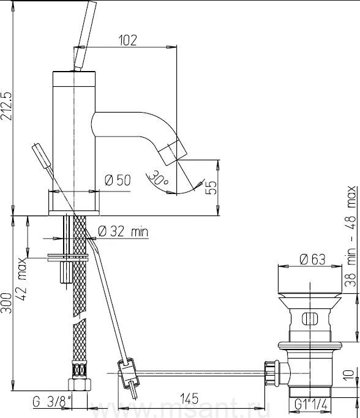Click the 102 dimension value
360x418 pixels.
127,40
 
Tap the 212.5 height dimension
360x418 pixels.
6,106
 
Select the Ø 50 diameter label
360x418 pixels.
118,180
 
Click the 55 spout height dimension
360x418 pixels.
211,188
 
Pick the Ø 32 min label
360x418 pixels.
123,231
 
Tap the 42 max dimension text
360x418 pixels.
22,279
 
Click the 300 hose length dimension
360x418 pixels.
6,303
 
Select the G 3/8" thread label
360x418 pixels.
52,402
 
